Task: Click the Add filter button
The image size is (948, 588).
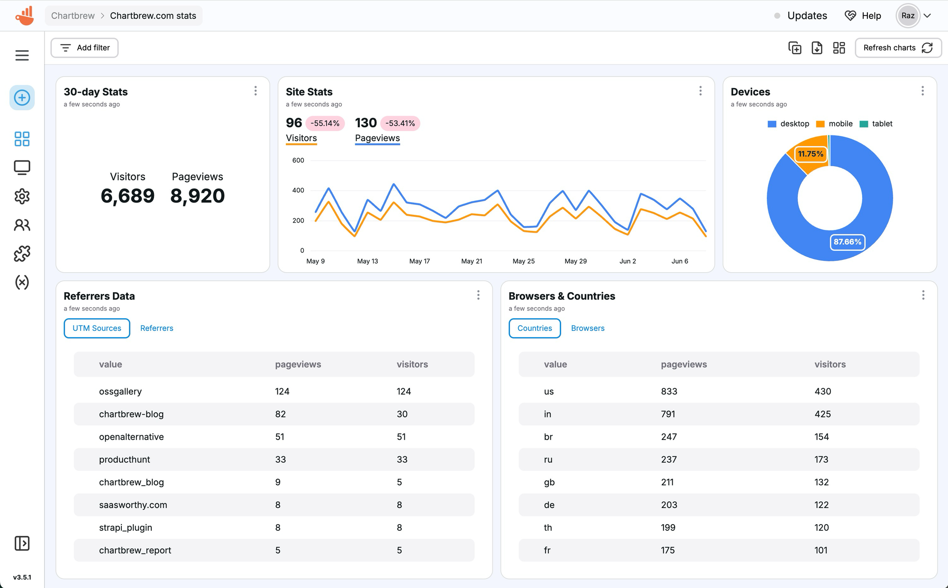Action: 84,48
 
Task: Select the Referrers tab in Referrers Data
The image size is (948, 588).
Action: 156,328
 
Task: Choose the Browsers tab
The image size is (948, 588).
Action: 587,328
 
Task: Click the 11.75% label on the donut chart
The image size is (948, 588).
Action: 810,154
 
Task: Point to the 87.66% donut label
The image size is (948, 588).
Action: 847,242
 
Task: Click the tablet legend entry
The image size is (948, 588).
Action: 876,124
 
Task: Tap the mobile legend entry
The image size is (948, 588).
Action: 835,124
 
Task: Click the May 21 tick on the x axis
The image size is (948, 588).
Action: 472,261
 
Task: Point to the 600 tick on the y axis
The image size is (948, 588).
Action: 298,160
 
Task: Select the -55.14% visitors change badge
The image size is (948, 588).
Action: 325,123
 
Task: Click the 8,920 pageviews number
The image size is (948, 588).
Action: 197,196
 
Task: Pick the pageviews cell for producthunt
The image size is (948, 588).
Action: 281,459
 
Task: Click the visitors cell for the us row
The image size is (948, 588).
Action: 822,392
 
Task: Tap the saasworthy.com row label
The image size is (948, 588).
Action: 133,505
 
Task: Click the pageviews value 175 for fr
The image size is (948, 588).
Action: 667,550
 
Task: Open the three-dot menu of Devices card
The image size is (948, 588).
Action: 922,91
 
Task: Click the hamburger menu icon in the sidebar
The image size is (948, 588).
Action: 22,55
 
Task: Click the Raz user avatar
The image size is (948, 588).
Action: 908,16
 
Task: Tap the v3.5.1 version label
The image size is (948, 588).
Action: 22,577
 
